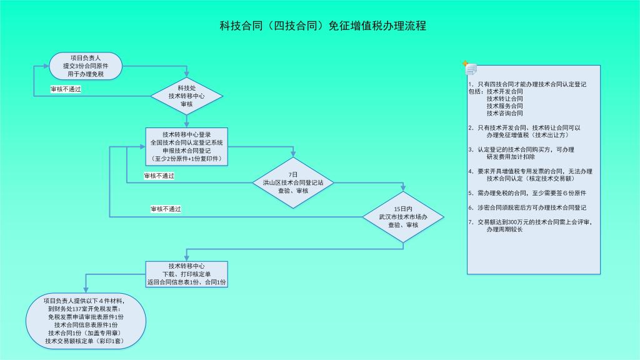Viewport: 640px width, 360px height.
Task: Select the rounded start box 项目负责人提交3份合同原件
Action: click(86, 66)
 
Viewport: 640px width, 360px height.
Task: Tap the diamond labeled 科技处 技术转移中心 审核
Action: click(186, 96)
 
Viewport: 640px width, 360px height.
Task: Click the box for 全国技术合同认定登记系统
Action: click(186, 146)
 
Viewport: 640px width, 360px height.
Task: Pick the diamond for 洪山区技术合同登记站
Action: click(293, 182)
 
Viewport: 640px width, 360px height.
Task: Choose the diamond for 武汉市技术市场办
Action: click(403, 216)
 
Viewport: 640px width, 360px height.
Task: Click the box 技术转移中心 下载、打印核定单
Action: click(186, 274)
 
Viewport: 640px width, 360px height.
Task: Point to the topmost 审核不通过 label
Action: click(66, 89)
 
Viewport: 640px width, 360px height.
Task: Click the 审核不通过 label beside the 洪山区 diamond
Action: click(159, 176)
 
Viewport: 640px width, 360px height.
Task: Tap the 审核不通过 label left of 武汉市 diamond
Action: click(166, 209)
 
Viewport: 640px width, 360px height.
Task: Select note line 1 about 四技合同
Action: click(527, 84)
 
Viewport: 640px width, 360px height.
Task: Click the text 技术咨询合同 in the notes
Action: click(504, 113)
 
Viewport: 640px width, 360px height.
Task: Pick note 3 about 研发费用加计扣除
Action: click(524, 153)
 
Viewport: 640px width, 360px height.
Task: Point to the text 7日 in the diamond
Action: click(293, 174)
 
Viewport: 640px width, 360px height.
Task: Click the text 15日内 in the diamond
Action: click(403, 208)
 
